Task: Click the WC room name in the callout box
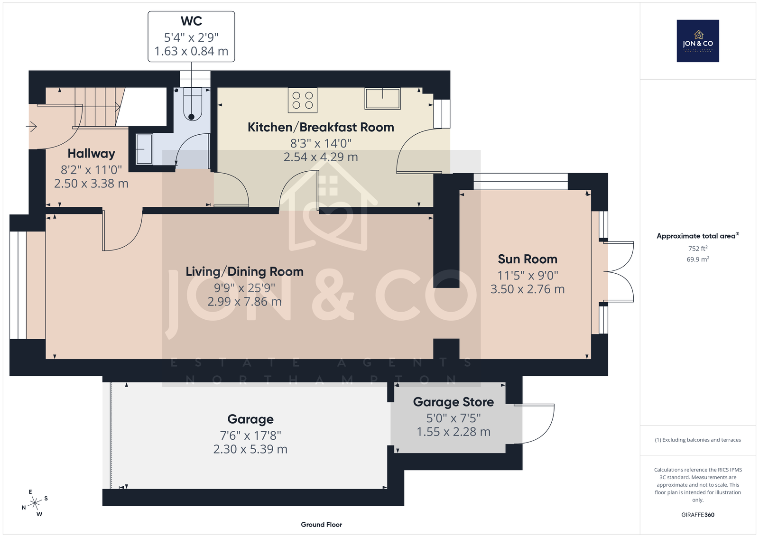[x=191, y=21]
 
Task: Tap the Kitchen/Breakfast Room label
[x=321, y=128]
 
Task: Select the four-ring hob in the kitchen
[x=303, y=100]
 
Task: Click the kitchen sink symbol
[x=382, y=99]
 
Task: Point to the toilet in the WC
[x=192, y=104]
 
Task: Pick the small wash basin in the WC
[x=144, y=149]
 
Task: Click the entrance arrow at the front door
[x=31, y=127]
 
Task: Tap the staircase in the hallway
[x=98, y=107]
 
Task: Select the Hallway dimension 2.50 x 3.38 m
[x=91, y=184]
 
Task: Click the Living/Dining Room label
[x=244, y=272]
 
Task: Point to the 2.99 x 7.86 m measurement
[x=244, y=302]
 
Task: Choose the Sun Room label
[x=528, y=259]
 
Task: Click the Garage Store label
[x=454, y=402]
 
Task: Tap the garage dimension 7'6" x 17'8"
[x=250, y=435]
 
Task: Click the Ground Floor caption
[x=322, y=525]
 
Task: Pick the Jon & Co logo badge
[x=698, y=41]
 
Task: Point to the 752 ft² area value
[x=698, y=249]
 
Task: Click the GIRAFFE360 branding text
[x=698, y=515]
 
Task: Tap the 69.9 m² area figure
[x=698, y=259]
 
